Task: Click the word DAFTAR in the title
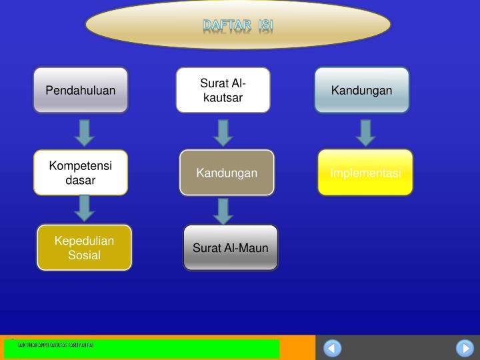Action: click(x=226, y=25)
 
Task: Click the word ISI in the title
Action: click(x=265, y=25)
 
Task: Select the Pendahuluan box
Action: click(x=81, y=90)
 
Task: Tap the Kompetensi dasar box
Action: click(x=81, y=172)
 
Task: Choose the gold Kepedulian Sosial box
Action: click(x=84, y=247)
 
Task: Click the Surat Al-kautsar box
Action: click(x=223, y=90)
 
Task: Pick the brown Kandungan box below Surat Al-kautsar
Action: click(x=227, y=173)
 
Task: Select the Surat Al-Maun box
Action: click(x=231, y=248)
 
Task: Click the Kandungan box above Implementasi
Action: click(x=362, y=90)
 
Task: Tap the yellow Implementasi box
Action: click(x=365, y=173)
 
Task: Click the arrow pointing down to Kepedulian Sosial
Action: click(x=84, y=207)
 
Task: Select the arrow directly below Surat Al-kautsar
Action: click(x=223, y=132)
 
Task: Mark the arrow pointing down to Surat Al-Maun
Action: click(x=224, y=211)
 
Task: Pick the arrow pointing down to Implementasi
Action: click(x=365, y=132)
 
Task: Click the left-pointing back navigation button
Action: click(x=332, y=348)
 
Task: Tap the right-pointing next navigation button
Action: click(x=465, y=348)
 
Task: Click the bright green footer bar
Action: click(x=141, y=349)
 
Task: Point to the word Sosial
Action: click(x=84, y=255)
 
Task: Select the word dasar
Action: click(x=81, y=180)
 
